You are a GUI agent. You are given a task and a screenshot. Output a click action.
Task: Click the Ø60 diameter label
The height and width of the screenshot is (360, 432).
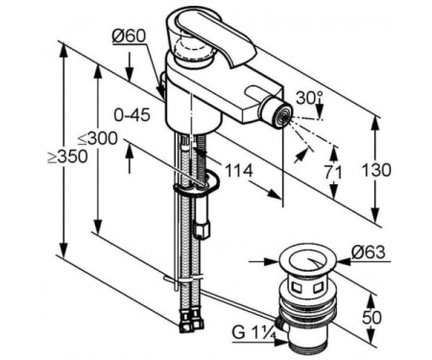129,36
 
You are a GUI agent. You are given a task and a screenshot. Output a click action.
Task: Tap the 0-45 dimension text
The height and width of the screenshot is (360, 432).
132,114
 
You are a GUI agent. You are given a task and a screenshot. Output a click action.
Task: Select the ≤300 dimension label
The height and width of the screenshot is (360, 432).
98,139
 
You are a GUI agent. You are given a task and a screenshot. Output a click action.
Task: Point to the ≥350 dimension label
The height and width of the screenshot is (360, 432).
67,156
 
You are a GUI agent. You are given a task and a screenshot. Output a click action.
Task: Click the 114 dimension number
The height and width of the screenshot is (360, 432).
239,171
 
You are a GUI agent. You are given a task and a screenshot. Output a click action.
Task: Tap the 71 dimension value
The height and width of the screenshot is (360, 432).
334,173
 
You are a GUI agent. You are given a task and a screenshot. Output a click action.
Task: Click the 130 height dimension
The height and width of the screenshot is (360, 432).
376,170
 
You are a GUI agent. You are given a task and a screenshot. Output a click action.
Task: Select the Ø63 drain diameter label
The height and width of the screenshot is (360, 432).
369,252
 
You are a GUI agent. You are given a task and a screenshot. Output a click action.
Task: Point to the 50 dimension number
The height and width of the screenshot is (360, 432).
372,318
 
